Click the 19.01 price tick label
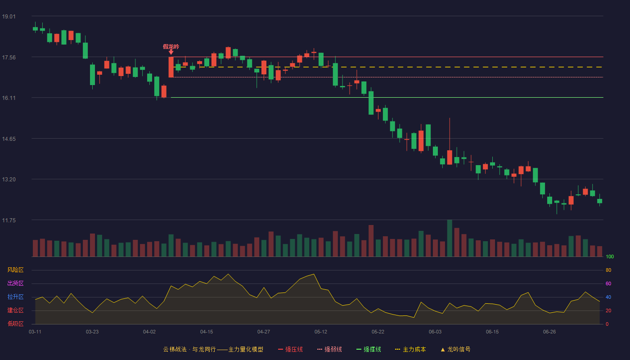(9, 16)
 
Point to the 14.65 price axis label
(9, 139)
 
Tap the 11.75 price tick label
(9, 220)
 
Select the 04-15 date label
(207, 332)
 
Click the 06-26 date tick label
(549, 332)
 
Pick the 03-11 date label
(35, 332)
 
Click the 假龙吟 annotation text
(171, 46)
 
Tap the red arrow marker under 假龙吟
(171, 52)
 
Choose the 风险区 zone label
(15, 270)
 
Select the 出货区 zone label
(15, 283)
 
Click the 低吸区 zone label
(15, 324)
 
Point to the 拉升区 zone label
(15, 297)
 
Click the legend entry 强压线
(290, 349)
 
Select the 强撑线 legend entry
(369, 349)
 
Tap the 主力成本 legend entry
(410, 349)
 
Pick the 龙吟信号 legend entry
(455, 349)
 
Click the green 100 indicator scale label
(610, 256)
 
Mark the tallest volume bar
(450, 238)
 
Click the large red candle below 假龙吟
(171, 67)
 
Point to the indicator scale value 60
(608, 283)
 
